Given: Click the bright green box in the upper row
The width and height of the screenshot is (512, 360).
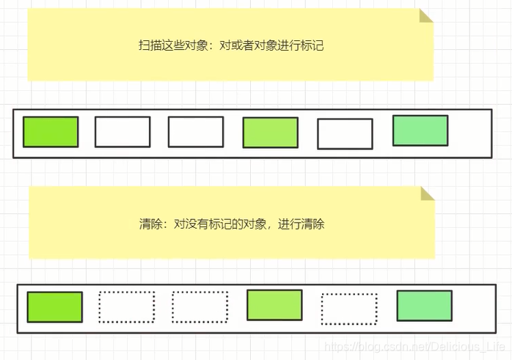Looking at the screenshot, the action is (51, 132).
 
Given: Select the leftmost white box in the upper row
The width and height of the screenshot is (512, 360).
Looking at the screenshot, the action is (122, 132).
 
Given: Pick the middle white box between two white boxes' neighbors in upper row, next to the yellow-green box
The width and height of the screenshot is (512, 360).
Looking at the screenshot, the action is (195, 132).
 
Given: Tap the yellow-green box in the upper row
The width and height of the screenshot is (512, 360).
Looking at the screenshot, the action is (270, 133).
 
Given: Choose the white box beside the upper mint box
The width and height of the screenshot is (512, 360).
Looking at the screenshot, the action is (344, 133).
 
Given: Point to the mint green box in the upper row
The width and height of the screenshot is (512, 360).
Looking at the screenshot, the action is (420, 131).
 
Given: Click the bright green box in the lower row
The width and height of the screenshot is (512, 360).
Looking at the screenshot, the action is (54, 306).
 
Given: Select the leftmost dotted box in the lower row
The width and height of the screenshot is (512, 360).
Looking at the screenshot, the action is (126, 307).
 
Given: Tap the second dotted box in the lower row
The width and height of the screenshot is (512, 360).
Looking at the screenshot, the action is (200, 307).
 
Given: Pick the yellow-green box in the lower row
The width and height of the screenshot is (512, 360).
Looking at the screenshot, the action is (274, 305).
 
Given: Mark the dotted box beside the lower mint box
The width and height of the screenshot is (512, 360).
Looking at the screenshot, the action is (349, 309).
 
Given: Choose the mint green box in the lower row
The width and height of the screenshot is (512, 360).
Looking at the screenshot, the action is (424, 306).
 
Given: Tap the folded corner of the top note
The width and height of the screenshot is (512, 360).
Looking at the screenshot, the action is (425, 15).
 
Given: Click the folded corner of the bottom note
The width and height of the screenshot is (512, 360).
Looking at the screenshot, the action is (427, 193).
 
